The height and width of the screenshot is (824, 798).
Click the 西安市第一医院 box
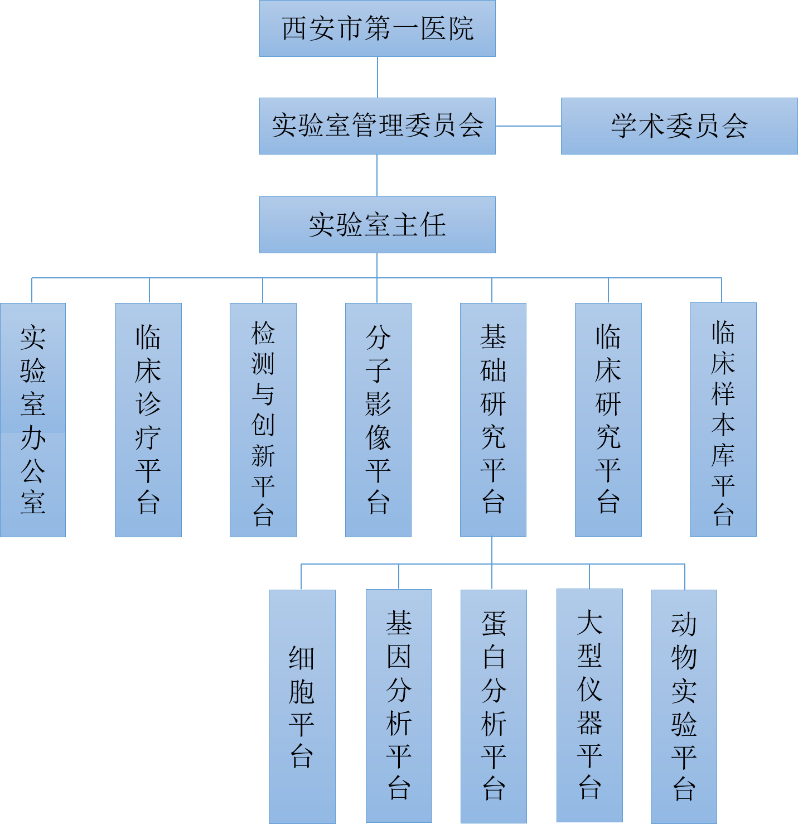coord(377,28)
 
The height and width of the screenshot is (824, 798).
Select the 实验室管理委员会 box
coord(377,126)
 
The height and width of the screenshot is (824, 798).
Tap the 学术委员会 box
coord(679,126)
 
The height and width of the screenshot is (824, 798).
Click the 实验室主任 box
coord(377,225)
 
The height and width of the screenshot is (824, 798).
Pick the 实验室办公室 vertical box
coord(33,420)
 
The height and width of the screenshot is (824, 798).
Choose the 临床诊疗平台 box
coord(148,420)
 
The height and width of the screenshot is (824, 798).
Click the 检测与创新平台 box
coord(263,420)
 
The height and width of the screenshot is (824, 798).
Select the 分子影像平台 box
coord(378,420)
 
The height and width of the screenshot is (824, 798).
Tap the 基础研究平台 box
coord(493,420)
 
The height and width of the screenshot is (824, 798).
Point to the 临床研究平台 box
coord(608,420)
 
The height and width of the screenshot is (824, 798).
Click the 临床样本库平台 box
coord(723,420)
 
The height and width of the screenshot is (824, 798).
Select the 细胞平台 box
coord(302,706)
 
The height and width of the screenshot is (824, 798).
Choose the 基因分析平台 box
coord(399,706)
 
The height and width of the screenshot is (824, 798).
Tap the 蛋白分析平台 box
coord(494,706)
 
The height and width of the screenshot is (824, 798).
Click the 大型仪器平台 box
coord(589,706)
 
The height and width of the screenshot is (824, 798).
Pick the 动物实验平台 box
coord(684,706)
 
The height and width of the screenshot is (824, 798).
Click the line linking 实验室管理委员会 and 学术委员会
coord(528,126)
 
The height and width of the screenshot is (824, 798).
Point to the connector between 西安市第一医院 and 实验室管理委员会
coord(378,77)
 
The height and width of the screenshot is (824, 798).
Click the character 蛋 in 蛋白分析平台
coord(494,624)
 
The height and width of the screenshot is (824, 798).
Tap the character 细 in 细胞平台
coord(302,658)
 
